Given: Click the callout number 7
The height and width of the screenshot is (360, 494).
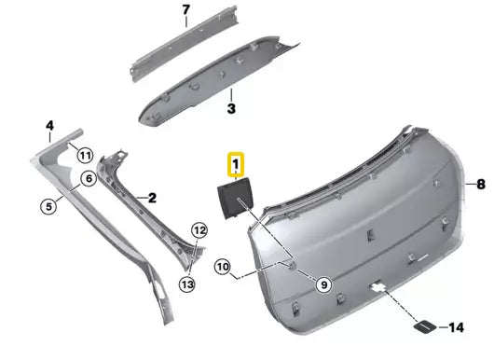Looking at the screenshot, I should tap(185, 10).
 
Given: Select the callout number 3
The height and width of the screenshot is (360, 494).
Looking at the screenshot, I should tap(232, 108).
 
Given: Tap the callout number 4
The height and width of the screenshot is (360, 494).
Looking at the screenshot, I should tap(50, 124).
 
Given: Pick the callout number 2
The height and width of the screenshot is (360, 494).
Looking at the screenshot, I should tap(151, 198).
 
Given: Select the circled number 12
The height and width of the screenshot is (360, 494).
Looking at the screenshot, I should tap(199, 229).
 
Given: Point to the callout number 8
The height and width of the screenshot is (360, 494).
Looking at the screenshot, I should tap(482, 183).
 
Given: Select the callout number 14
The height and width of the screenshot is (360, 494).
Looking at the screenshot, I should tap(456, 327).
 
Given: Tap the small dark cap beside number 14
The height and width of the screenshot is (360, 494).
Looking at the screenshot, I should tap(423, 326).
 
